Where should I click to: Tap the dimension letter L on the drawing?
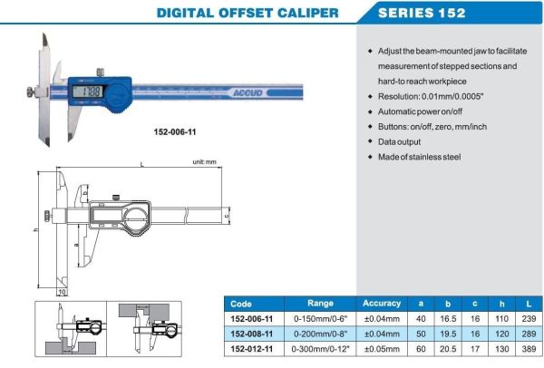[x=143, y=164]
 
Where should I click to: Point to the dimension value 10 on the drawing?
[x=62, y=293]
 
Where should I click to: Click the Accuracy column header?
[x=381, y=304]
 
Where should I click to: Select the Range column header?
[x=320, y=304]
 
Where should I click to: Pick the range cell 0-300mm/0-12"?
[x=320, y=349]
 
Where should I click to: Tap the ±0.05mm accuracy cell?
[x=381, y=349]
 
